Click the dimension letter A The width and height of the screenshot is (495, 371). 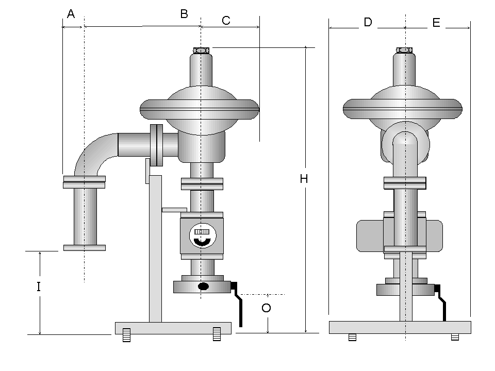[x=71, y=14]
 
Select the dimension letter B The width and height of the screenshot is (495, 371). [x=184, y=14]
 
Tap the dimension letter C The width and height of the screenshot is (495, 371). [x=226, y=21]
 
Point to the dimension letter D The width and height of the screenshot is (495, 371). [x=368, y=22]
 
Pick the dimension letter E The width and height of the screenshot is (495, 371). [x=436, y=23]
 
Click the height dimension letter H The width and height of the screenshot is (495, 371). [x=304, y=179]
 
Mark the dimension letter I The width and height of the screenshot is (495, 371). [x=39, y=287]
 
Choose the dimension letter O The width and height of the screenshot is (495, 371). [x=266, y=308]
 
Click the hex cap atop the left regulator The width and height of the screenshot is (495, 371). [x=201, y=50]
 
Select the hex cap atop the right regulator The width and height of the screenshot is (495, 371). [x=404, y=50]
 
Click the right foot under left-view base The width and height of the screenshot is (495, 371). [x=217, y=334]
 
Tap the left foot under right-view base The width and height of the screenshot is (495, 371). [x=353, y=338]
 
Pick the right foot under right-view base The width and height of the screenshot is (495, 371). [x=455, y=338]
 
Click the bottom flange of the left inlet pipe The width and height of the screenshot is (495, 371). [x=85, y=248]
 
